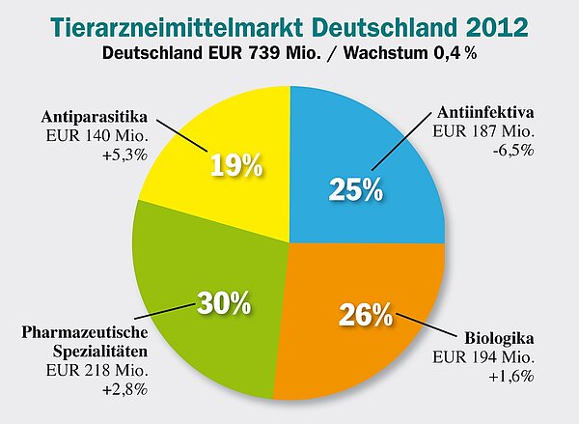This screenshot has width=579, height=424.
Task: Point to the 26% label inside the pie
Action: pyautogui.click(x=366, y=315)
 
